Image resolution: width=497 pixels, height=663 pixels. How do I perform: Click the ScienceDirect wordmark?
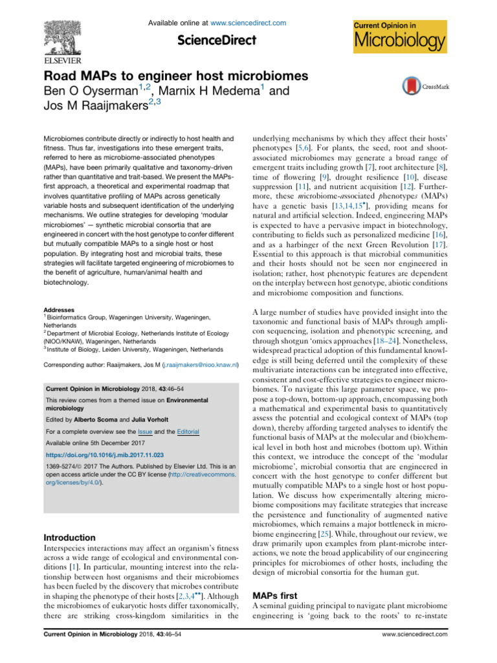pos(217,40)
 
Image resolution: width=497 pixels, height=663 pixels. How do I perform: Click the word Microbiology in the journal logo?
pos(399,43)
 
